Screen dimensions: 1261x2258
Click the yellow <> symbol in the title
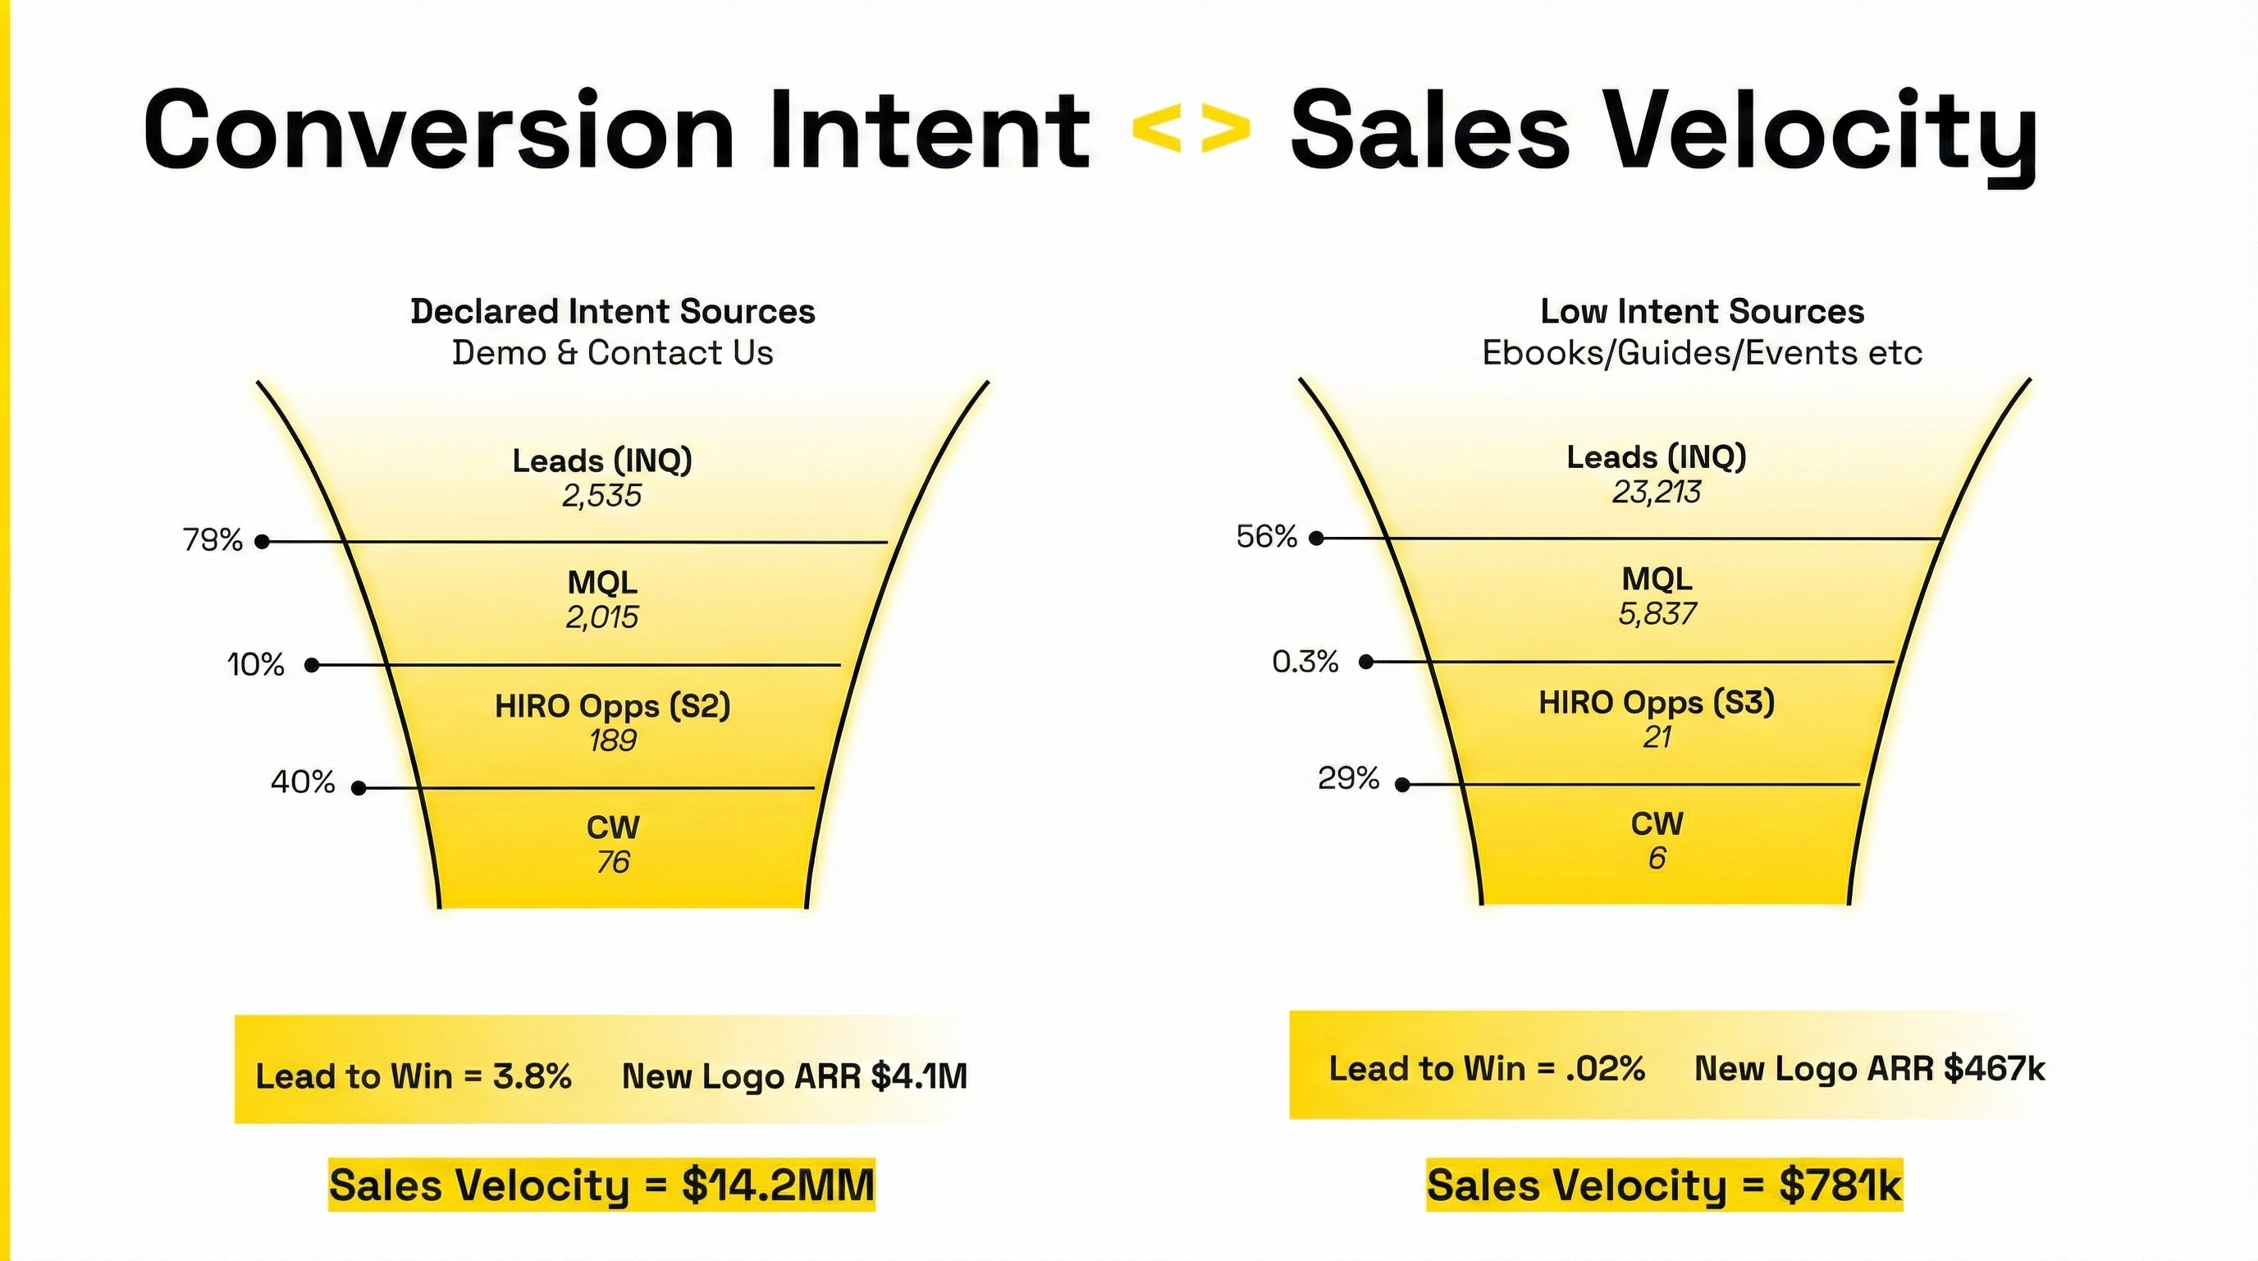pyautogui.click(x=1191, y=131)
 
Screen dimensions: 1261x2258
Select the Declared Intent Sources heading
pyautogui.click(x=613, y=311)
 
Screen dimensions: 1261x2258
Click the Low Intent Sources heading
pyautogui.click(x=1702, y=311)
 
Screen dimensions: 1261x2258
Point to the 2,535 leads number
pyautogui.click(x=601, y=497)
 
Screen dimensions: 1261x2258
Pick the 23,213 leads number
pyautogui.click(x=1656, y=493)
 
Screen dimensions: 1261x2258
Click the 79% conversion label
pyautogui.click(x=213, y=540)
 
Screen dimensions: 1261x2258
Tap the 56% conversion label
pyautogui.click(x=1266, y=537)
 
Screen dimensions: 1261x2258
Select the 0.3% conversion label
pyautogui.click(x=1305, y=661)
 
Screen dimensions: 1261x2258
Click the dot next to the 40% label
pyautogui.click(x=358, y=788)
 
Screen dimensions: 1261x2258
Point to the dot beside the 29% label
pyautogui.click(x=1402, y=785)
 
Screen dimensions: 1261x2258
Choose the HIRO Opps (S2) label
pyautogui.click(x=612, y=706)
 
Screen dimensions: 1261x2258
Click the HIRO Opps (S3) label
pyautogui.click(x=1656, y=703)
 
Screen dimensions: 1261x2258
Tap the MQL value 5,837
pyautogui.click(x=1657, y=614)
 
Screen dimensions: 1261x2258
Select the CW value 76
pyautogui.click(x=613, y=863)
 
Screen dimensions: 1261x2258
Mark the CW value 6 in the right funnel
pyautogui.click(x=1656, y=859)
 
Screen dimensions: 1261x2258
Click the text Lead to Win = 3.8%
pyautogui.click(x=413, y=1076)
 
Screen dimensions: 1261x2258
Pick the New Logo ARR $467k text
pyautogui.click(x=1869, y=1069)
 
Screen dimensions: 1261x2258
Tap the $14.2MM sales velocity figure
pyautogui.click(x=778, y=1185)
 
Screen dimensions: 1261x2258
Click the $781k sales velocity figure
pyautogui.click(x=1840, y=1185)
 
